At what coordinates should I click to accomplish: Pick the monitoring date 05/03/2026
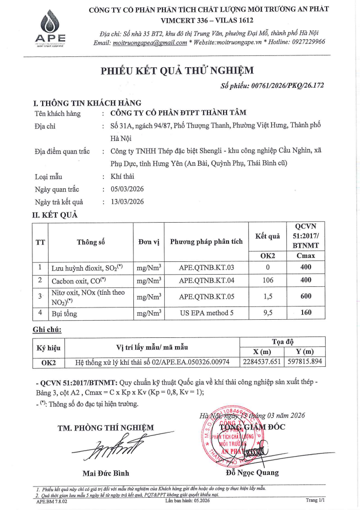(x=128, y=189)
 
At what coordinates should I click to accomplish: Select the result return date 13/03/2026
(x=128, y=202)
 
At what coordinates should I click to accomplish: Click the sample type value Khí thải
(x=123, y=177)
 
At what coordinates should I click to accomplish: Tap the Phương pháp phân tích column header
(x=206, y=241)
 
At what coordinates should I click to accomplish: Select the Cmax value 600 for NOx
(x=306, y=297)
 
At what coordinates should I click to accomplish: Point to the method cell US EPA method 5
(x=206, y=312)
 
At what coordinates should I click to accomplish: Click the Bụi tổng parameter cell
(x=65, y=313)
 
